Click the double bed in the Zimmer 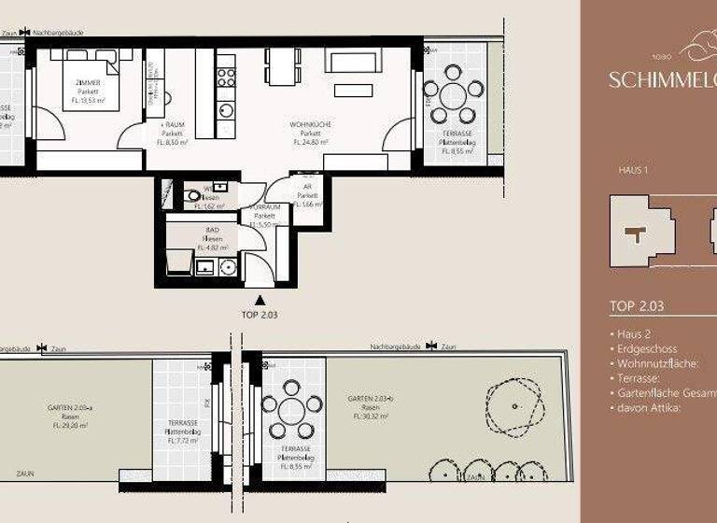(x=91, y=78)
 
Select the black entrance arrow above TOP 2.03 (x=260, y=299)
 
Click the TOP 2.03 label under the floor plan (x=260, y=315)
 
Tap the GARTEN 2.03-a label (x=66, y=409)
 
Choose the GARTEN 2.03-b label (x=367, y=399)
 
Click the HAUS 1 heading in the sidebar (x=633, y=171)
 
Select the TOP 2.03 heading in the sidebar (x=636, y=305)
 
